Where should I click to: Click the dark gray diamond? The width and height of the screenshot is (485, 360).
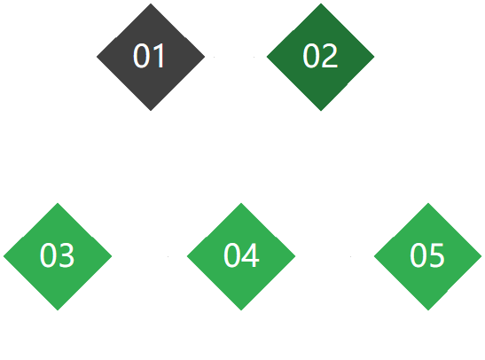coord(151,57)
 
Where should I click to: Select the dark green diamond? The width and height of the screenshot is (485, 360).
coord(321,57)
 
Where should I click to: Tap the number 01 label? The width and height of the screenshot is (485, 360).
coord(149,56)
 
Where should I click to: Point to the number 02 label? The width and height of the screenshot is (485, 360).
coord(320,56)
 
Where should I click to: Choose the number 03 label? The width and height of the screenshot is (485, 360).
coord(58,255)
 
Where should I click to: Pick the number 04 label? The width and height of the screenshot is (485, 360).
coord(241,255)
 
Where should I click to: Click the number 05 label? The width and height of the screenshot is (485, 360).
coord(427,255)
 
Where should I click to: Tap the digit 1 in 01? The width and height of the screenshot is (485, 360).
coord(160,56)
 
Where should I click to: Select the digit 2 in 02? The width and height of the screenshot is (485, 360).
coord(330,56)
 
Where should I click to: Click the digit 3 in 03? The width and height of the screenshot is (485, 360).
coord(66,255)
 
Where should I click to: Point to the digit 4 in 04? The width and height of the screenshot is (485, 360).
coord(251,255)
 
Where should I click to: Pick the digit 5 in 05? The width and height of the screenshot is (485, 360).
coord(437,255)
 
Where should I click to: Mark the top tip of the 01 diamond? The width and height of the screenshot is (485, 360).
coord(151,4)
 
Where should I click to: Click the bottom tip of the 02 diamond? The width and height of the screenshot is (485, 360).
coord(321,111)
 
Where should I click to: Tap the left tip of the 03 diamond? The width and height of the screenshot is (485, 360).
coord(4,256)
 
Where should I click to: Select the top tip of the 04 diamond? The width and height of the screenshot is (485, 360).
coord(241,203)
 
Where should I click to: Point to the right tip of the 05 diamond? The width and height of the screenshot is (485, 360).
coord(481,256)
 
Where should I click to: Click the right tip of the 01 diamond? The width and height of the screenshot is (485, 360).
coord(205,57)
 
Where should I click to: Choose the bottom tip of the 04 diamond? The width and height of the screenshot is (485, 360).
coord(241,310)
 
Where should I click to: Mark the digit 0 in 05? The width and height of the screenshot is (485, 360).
coord(419,255)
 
